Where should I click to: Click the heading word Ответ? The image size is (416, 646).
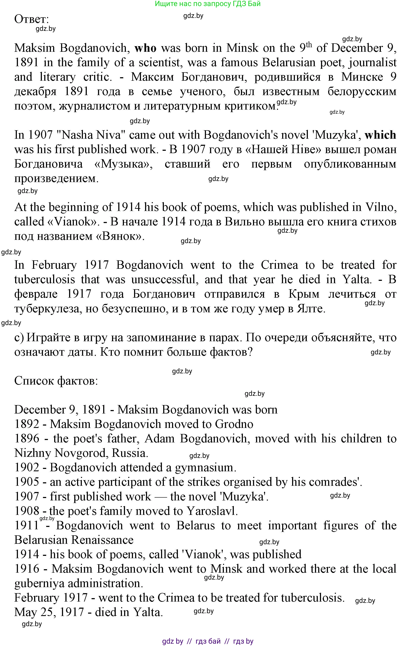coord(32,19)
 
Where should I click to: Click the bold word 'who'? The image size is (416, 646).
coord(145,48)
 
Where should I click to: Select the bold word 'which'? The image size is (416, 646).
coord(380,135)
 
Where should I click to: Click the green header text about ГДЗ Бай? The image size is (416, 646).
coord(208,4)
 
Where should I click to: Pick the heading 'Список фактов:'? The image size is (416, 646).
coord(56,381)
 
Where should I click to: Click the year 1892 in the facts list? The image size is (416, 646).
coord(27,424)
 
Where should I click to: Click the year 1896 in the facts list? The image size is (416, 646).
coord(27,439)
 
